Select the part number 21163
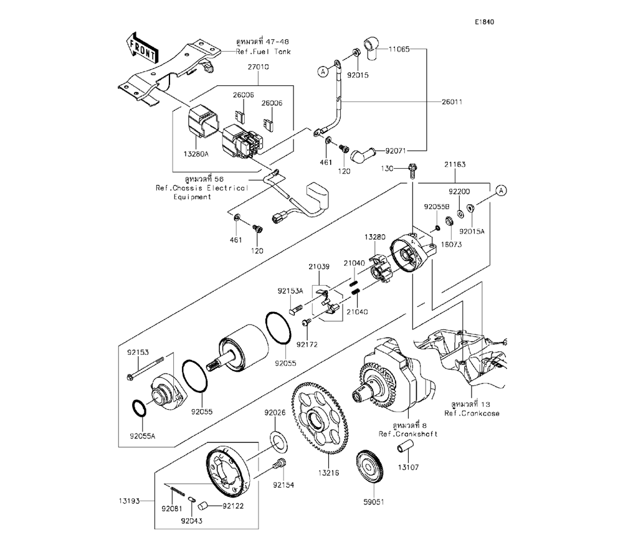[455, 165]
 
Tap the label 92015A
[472, 231]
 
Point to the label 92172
[308, 343]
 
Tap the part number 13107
[408, 466]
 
